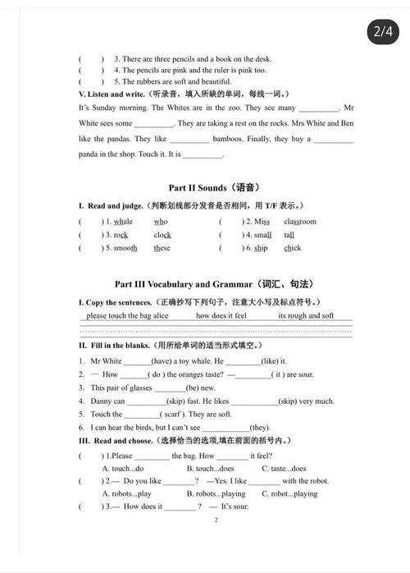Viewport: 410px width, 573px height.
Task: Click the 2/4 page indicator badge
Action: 383,32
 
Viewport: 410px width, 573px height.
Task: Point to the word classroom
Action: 299,222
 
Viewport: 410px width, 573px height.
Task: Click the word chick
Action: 293,248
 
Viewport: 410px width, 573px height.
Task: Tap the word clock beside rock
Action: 162,235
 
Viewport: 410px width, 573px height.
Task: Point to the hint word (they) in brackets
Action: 260,428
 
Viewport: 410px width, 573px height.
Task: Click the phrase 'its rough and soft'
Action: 306,315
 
